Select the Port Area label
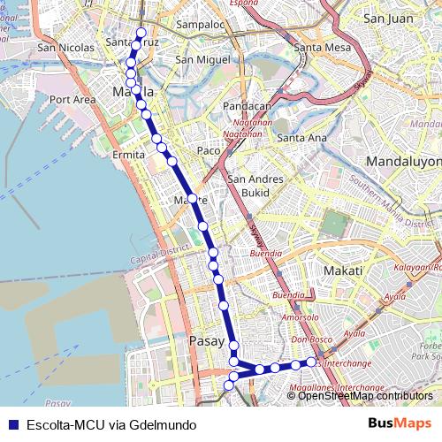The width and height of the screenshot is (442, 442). point(72,100)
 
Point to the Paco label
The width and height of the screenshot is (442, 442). point(209,150)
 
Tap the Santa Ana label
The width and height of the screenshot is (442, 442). point(301,138)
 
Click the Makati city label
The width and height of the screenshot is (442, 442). point(344,270)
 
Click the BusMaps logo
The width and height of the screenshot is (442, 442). point(400,424)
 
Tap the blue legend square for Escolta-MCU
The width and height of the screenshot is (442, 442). point(11,425)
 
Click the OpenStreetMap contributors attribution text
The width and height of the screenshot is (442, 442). point(365,397)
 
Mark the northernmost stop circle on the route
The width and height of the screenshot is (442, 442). point(141,33)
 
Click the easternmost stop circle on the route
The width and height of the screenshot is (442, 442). point(312,362)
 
